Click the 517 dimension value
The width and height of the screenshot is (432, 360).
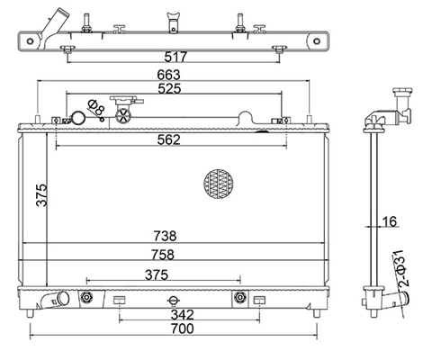coord(175,57)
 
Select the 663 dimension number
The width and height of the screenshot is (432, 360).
coord(169,75)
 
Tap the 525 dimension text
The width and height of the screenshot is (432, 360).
coord(169,88)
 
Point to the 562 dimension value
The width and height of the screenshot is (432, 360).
coord(169,139)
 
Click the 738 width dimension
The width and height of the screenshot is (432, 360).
coord(165,236)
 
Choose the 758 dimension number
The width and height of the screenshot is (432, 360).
coord(163,255)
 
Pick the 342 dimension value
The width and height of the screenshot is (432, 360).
coord(183,315)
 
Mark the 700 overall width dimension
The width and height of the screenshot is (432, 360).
coord(183,328)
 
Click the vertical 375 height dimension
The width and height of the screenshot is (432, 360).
coord(41,195)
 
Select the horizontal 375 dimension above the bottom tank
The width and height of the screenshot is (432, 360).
coord(157,274)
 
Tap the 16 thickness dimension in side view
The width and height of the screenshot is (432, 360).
coord(390,221)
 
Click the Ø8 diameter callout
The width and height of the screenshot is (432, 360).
coord(96,108)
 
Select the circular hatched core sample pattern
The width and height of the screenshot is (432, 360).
coord(219,184)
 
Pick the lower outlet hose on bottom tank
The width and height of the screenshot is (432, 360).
coord(55,300)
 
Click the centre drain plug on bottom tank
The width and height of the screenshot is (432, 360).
coord(174,301)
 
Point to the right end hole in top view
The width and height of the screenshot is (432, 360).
coord(317,41)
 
